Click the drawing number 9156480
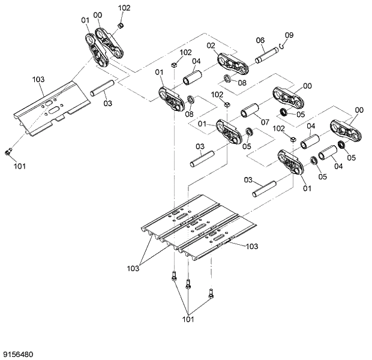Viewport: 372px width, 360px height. pyautogui.click(x=17, y=354)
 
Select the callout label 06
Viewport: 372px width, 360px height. pyautogui.click(x=260, y=40)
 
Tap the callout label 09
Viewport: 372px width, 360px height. pyautogui.click(x=289, y=35)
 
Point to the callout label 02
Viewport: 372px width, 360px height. pyautogui.click(x=211, y=46)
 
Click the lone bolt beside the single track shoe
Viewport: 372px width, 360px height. pyautogui.click(x=8, y=152)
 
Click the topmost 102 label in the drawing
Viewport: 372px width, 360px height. pyautogui.click(x=124, y=8)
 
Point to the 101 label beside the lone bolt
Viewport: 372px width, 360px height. pyautogui.click(x=19, y=166)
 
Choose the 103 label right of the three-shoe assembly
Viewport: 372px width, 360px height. pyautogui.click(x=251, y=246)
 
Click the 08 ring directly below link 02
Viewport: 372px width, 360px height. pyautogui.click(x=229, y=80)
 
